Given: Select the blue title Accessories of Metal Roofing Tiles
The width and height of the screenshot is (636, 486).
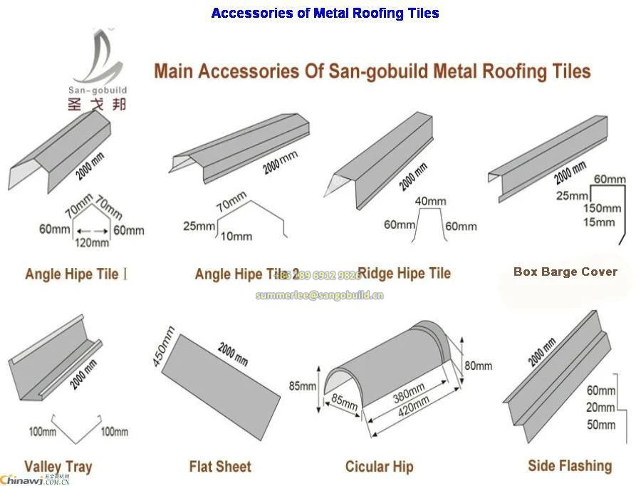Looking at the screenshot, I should click(x=325, y=13).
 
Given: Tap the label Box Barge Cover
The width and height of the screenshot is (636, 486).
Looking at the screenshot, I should click(x=565, y=272).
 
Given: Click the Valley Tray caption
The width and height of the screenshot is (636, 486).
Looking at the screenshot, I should click(x=58, y=467).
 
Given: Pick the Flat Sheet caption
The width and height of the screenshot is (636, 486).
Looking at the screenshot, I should click(x=220, y=467).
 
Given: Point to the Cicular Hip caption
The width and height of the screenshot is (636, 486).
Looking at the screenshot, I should click(x=379, y=467).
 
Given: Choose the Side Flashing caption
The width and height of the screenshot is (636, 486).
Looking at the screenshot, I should click(x=569, y=465).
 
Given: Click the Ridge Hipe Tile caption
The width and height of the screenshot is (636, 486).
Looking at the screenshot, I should click(x=404, y=273).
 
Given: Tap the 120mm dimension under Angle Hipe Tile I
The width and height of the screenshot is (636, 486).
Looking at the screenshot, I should click(x=92, y=243).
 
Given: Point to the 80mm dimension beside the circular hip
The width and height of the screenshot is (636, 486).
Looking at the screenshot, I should click(x=477, y=366).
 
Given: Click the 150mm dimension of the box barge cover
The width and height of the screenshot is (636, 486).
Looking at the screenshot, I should click(x=601, y=208).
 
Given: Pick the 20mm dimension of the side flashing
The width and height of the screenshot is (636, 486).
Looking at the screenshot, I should click(x=600, y=408).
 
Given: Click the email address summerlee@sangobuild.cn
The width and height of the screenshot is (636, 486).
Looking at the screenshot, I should click(x=319, y=294).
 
